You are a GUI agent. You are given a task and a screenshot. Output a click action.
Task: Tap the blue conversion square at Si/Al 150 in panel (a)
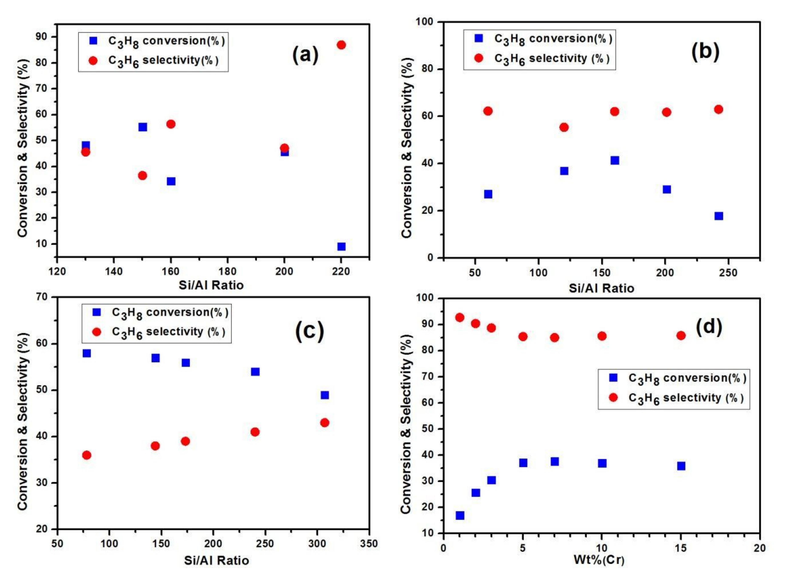coord(142,127)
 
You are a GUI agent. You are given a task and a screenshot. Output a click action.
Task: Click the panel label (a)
coord(305,55)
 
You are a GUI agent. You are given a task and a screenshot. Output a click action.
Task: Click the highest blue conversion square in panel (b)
coord(615,160)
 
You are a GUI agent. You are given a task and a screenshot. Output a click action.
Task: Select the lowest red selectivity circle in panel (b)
coord(564,127)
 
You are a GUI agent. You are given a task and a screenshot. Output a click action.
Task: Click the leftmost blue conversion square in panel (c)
coord(87,353)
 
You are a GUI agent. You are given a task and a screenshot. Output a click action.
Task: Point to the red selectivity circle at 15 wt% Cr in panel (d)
coord(681,335)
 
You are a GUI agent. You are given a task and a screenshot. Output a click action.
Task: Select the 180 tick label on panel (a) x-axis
coord(227,271)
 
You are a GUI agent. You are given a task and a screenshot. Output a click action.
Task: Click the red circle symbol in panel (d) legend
coord(613,397)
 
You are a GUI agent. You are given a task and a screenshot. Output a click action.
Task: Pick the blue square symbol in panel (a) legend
coord(93,41)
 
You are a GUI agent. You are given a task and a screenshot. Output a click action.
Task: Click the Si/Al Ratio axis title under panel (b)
coord(601,288)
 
